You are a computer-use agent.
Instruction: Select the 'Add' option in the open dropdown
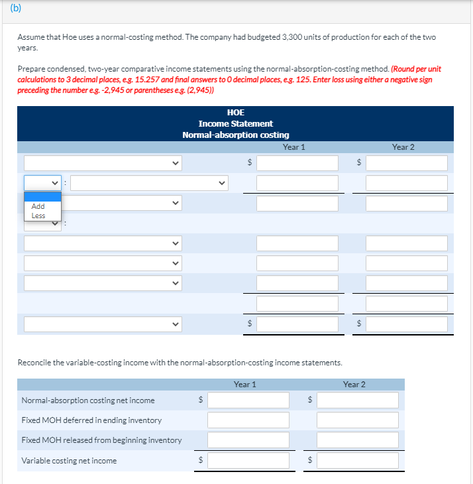[x=38, y=206]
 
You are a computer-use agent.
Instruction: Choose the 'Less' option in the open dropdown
[x=38, y=215]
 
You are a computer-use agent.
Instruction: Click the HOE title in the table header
[x=235, y=113]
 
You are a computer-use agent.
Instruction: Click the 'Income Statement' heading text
[x=235, y=124]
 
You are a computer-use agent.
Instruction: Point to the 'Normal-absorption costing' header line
[x=235, y=135]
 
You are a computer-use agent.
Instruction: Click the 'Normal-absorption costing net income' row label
[x=88, y=400]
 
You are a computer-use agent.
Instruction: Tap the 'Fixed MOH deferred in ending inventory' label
[x=91, y=420]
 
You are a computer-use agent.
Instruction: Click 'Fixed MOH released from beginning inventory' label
[x=101, y=440]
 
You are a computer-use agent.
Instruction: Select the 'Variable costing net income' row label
[x=69, y=461]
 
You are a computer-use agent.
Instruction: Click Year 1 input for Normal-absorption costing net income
[x=248, y=400]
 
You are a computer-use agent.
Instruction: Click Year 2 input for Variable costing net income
[x=357, y=460]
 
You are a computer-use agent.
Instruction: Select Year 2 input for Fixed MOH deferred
[x=357, y=420]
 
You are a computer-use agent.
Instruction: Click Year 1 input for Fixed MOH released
[x=248, y=440]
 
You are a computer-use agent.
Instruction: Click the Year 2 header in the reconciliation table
[x=354, y=385]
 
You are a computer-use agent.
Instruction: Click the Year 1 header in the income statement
[x=293, y=147]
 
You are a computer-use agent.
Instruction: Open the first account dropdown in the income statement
[x=103, y=163]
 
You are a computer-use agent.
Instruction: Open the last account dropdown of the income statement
[x=103, y=324]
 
